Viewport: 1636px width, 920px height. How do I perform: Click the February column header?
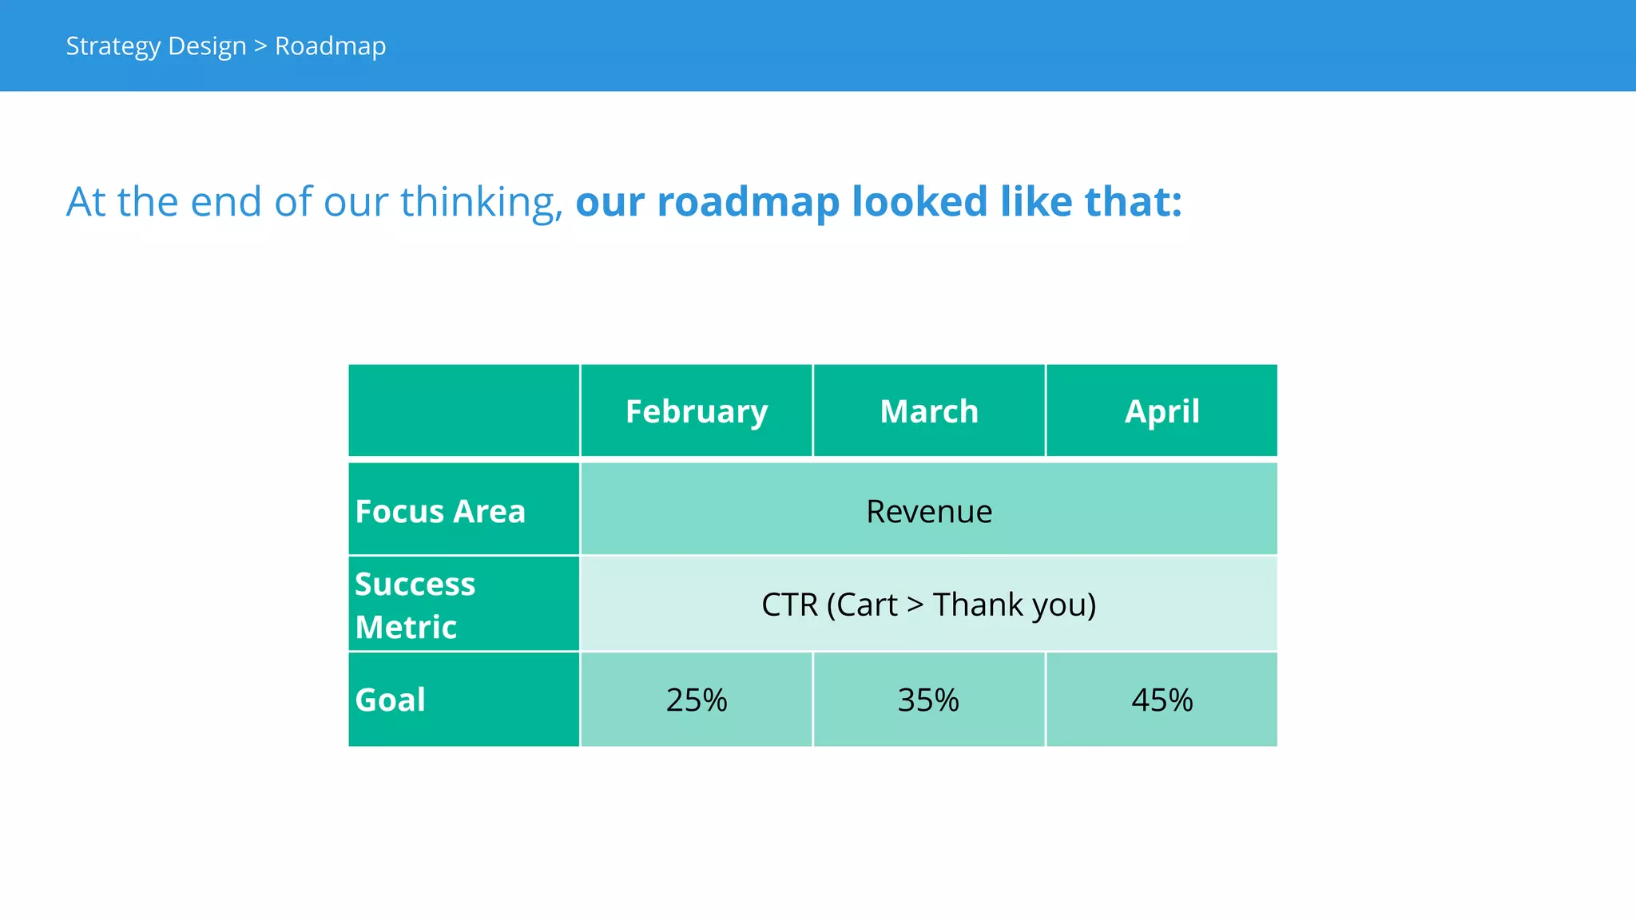coord(696,411)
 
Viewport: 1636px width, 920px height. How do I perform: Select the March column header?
coord(928,411)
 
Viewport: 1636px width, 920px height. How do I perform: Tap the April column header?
coord(1161,411)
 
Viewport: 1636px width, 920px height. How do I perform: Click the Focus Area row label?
coord(440,511)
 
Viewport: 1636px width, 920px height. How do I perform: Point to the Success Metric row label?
coord(415,605)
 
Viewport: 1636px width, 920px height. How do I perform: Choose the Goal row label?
coord(390,700)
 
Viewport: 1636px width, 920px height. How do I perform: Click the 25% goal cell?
coord(696,700)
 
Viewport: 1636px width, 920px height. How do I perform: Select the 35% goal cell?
coord(928,700)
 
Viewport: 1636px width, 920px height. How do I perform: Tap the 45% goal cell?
coord(1161,700)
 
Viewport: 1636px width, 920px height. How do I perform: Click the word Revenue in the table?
coord(929,511)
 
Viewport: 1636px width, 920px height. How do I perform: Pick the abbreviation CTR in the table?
coord(789,605)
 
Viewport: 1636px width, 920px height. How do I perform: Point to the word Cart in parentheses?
coord(866,605)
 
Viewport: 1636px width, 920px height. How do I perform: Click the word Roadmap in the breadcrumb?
coord(330,46)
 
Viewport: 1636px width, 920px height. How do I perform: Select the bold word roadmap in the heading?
coord(748,201)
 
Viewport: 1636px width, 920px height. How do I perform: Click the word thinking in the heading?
coord(481,201)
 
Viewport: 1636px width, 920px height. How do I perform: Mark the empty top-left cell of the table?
coord(463,410)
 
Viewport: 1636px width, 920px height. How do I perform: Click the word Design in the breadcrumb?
coord(207,46)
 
